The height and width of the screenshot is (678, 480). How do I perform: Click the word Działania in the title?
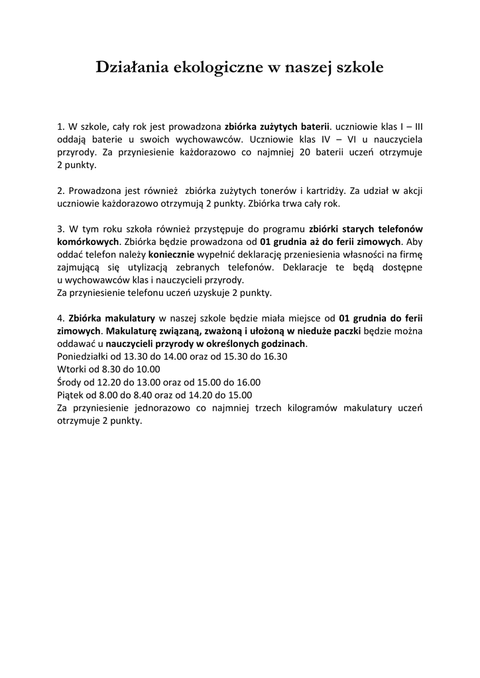point(132,67)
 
